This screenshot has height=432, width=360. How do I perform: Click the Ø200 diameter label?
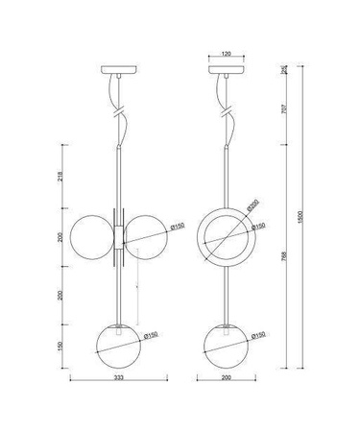coord(252,205)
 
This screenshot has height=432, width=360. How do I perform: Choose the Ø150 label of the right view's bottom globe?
coord(259,336)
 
